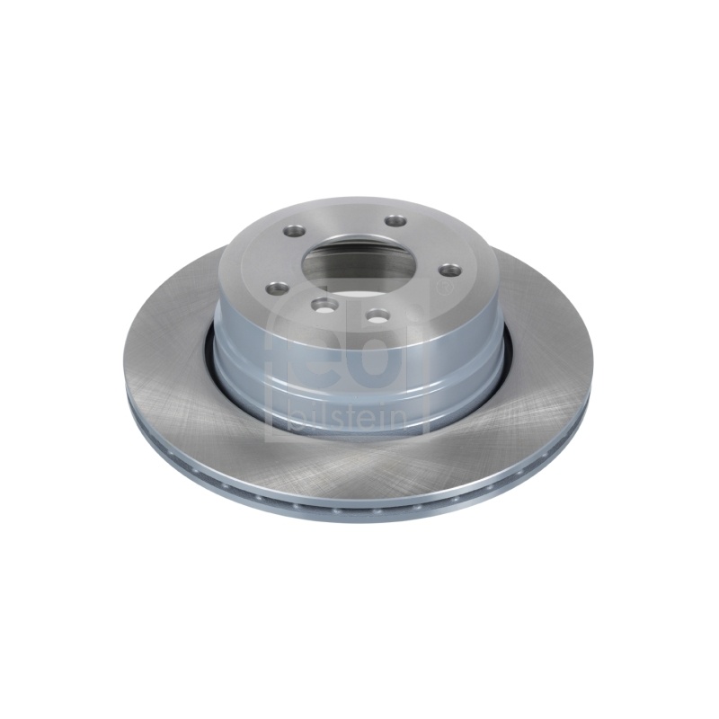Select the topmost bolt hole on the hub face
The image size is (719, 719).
(x=396, y=221)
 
